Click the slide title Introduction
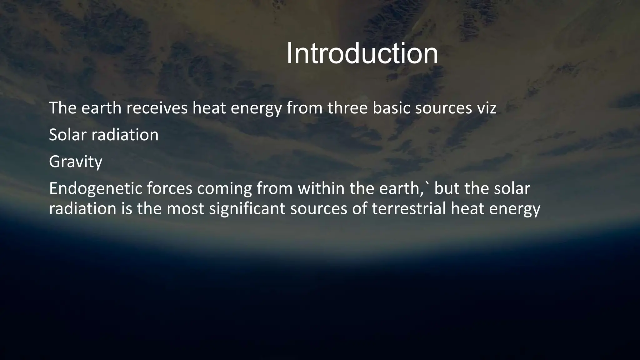pos(362,54)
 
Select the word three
pos(347,108)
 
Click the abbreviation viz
pos(486,108)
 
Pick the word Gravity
pos(76,162)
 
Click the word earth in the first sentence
pos(102,108)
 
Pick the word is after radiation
pos(127,209)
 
